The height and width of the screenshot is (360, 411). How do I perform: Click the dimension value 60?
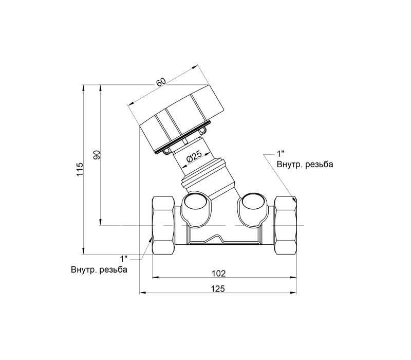[161, 82]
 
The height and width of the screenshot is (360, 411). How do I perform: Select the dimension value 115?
[80, 169]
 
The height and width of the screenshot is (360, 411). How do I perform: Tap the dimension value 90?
[97, 155]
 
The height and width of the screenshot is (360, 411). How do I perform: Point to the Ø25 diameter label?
[194, 157]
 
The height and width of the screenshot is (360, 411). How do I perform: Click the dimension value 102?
[219, 274]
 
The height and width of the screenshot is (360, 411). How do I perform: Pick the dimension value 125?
[218, 289]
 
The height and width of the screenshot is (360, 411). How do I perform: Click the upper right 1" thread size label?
[281, 153]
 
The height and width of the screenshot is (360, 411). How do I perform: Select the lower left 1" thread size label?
[123, 259]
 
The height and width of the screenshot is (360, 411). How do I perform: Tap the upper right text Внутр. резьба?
[305, 165]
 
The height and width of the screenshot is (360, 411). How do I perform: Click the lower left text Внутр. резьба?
[99, 269]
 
